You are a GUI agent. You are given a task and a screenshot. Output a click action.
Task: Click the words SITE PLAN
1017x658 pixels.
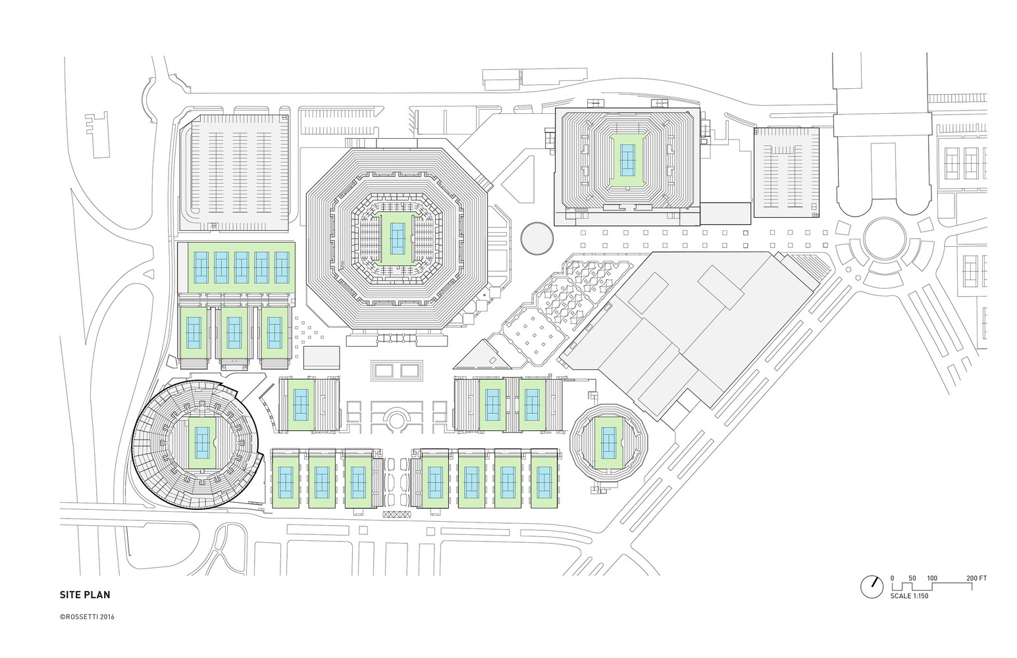tap(85, 595)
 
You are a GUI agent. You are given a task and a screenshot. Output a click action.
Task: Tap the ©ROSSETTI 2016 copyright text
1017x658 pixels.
tap(87, 617)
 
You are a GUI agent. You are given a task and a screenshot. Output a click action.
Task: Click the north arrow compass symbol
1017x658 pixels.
tap(872, 586)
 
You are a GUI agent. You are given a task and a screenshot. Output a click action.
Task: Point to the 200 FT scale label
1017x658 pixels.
tap(976, 578)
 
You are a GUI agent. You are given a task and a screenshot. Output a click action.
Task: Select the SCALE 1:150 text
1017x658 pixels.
tap(909, 596)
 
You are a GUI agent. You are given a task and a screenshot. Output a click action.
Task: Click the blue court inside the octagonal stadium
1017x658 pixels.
tap(398, 238)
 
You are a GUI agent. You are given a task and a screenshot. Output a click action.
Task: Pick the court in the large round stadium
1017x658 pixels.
tap(202, 443)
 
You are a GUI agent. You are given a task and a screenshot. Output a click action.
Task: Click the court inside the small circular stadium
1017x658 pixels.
tap(609, 443)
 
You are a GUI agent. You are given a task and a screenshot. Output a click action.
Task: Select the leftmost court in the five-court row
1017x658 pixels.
tap(201, 267)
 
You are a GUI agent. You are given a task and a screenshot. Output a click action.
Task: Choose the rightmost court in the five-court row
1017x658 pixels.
tap(282, 267)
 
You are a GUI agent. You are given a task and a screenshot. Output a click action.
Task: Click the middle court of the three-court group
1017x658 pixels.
tap(234, 333)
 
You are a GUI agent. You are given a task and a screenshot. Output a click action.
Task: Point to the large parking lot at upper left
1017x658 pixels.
tap(240, 172)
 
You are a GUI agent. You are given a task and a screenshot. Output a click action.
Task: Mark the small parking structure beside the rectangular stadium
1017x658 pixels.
tap(786, 172)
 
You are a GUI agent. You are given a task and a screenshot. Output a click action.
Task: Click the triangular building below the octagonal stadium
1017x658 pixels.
tap(484, 357)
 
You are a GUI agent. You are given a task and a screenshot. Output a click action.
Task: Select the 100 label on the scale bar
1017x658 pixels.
tap(932, 578)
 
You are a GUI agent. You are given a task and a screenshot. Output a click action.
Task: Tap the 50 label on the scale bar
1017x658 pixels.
tap(912, 578)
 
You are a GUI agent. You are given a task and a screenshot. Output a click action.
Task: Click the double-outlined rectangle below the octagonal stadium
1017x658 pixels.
tap(397, 370)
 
